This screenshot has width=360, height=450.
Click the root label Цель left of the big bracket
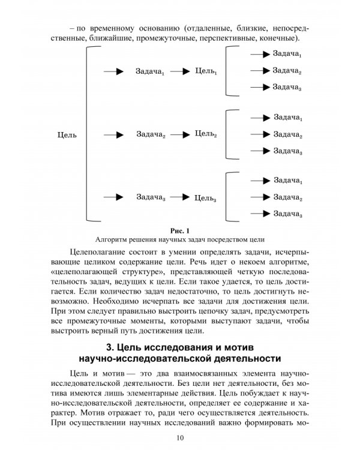point(66,135)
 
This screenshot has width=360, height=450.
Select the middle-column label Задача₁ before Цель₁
point(151,72)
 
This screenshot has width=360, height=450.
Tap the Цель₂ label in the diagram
point(206,134)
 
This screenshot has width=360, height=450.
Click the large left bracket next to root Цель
point(90,135)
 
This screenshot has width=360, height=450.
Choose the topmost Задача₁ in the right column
point(287,55)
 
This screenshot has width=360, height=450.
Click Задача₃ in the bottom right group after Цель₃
point(287,214)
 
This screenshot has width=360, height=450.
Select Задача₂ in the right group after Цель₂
point(287,134)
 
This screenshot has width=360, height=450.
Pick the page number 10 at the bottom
point(180,437)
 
